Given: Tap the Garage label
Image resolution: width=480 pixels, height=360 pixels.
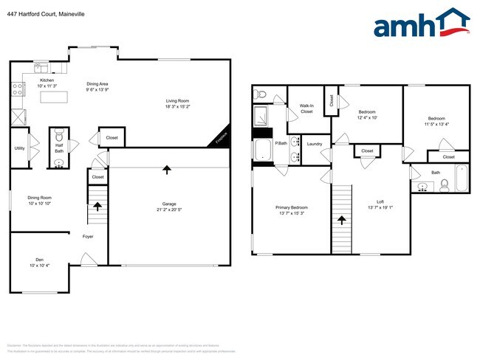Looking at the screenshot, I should (170, 204).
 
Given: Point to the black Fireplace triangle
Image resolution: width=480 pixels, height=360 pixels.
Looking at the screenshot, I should (222, 139).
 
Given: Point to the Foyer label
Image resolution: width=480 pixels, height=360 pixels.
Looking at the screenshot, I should (87, 236).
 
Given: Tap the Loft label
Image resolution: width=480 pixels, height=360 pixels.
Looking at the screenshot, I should (380, 201).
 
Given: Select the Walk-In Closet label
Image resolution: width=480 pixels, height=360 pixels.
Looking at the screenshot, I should (306, 108).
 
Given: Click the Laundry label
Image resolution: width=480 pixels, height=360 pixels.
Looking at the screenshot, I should (315, 144).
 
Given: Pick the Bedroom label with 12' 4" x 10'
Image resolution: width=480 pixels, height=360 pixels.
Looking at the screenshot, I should (367, 113).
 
